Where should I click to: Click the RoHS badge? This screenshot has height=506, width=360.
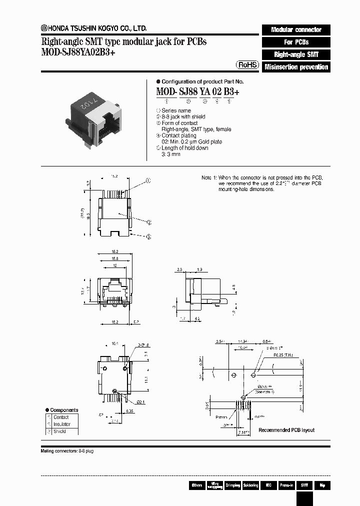247,65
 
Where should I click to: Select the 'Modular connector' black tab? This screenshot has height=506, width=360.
296,29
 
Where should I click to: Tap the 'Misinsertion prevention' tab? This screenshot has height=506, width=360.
296,67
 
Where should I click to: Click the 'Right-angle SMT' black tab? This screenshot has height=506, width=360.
296,54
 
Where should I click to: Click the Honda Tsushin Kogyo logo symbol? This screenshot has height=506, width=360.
43,28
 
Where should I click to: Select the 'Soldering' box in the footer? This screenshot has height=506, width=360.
250,485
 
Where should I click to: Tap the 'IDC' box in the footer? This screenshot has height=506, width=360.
268,485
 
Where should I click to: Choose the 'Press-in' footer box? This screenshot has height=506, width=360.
286,485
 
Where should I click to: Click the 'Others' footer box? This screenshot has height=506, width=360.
196,485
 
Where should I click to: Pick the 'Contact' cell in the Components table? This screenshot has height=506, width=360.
61,417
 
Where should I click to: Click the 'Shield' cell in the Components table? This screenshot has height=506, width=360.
60,431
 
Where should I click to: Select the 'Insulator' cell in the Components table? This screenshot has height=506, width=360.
62,424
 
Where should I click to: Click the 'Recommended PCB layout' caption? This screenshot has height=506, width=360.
286,430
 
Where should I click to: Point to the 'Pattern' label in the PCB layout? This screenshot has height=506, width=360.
221,416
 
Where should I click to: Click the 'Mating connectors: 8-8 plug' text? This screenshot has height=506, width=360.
67,451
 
